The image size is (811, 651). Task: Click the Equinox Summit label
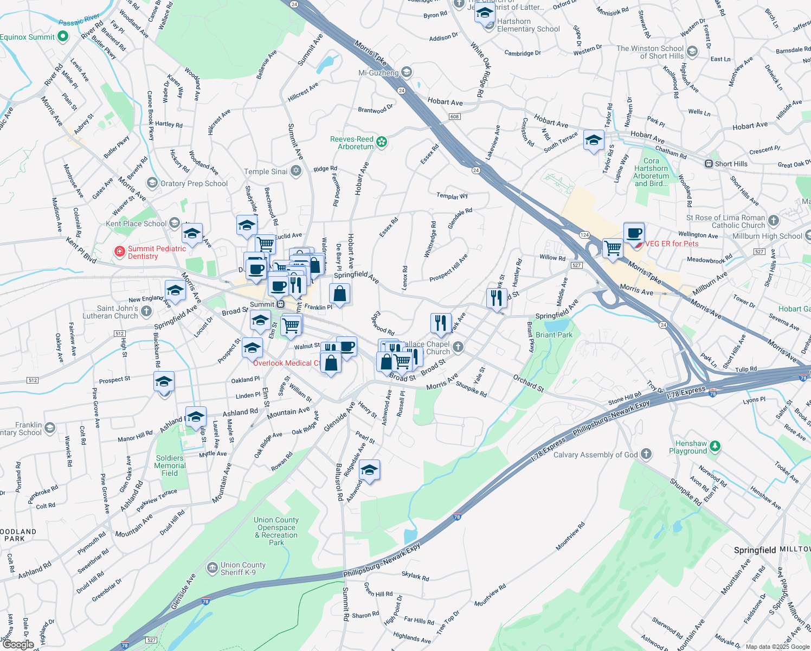[28, 37]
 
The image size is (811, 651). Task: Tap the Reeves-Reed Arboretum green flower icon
[382, 142]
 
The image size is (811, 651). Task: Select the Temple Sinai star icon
[296, 171]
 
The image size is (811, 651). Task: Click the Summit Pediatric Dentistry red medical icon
[120, 252]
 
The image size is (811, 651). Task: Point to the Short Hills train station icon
[709, 164]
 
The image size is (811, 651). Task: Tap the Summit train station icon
[280, 304]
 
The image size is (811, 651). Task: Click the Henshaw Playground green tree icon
[715, 446]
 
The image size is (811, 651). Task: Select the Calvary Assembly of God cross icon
[646, 454]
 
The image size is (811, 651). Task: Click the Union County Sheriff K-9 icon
[213, 568]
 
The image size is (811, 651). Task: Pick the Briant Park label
[554, 335]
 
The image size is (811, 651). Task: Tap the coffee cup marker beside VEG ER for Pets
[634, 234]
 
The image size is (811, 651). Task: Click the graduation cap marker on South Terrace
[594, 141]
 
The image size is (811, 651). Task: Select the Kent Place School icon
[174, 223]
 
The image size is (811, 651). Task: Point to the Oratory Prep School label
[194, 183]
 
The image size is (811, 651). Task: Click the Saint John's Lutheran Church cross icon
[146, 311]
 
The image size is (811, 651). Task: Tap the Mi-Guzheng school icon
[407, 72]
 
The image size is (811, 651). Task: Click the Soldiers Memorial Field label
[170, 465]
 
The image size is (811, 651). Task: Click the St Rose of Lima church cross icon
[774, 221]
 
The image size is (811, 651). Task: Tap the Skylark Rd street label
[415, 576]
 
